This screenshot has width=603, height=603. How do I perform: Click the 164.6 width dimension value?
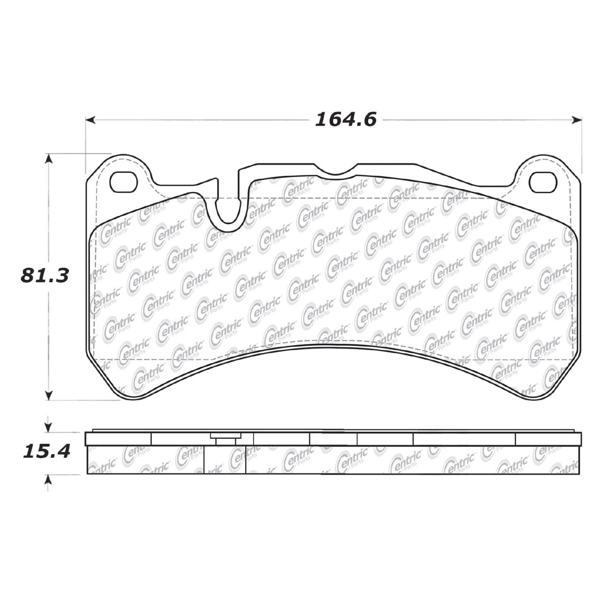point(346,119)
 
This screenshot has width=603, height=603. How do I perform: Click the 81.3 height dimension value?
point(45,276)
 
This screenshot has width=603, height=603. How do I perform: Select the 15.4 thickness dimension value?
point(46,451)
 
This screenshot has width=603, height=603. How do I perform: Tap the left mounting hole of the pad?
point(124,182)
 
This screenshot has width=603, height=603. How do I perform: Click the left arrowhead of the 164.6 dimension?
point(91,119)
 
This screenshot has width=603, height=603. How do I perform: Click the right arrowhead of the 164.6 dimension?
point(577,119)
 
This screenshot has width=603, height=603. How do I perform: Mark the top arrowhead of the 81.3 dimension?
point(49,158)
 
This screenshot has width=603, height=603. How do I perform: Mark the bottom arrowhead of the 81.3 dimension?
point(49,395)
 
